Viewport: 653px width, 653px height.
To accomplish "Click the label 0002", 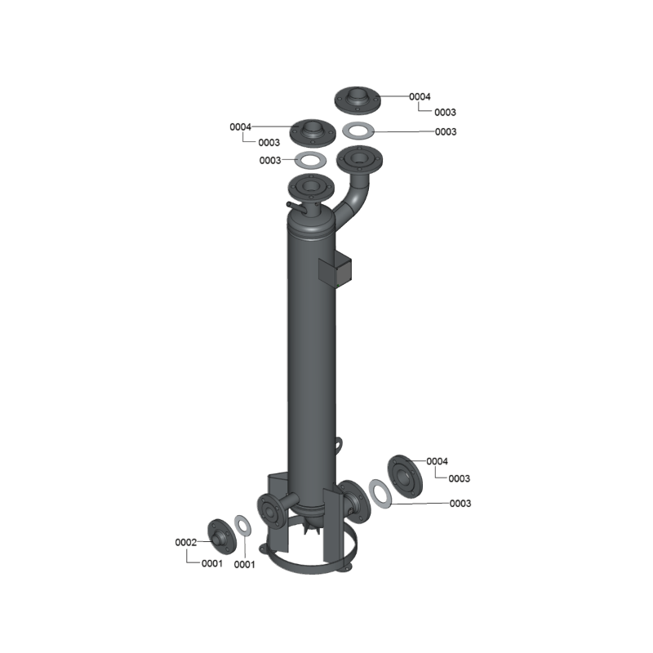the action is pyautogui.click(x=186, y=542).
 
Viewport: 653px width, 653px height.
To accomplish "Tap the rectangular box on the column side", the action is pyautogui.click(x=335, y=270).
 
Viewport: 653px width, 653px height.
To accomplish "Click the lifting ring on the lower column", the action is pyautogui.click(x=340, y=443).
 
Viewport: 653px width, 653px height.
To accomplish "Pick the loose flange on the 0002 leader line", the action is pyautogui.click(x=221, y=537).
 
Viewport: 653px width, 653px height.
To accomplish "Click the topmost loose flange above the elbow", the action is pyautogui.click(x=358, y=100).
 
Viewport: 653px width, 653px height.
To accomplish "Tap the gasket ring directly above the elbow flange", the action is pyautogui.click(x=358, y=130).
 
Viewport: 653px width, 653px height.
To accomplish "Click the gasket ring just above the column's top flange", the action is pyautogui.click(x=310, y=160).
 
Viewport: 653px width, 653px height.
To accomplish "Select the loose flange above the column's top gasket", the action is pyautogui.click(x=313, y=132).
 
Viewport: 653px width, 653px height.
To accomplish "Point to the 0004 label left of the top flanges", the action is pyautogui.click(x=240, y=127).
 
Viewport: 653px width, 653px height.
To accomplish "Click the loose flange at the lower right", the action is pyautogui.click(x=405, y=477).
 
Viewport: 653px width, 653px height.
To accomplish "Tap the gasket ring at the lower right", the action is pyautogui.click(x=380, y=494).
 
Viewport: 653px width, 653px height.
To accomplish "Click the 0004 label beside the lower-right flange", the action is pyautogui.click(x=437, y=461).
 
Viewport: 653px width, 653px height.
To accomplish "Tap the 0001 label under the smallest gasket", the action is pyautogui.click(x=244, y=564).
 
